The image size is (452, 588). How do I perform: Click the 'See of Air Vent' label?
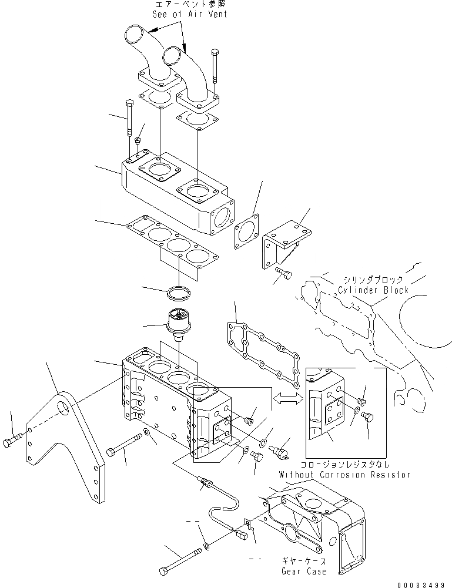point(189,14)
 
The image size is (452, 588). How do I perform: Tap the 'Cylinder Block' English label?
point(373,290)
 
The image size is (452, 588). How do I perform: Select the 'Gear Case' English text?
point(304,571)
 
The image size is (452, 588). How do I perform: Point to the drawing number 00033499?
point(422,584)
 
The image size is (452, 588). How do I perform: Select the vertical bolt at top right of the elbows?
point(215,65)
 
